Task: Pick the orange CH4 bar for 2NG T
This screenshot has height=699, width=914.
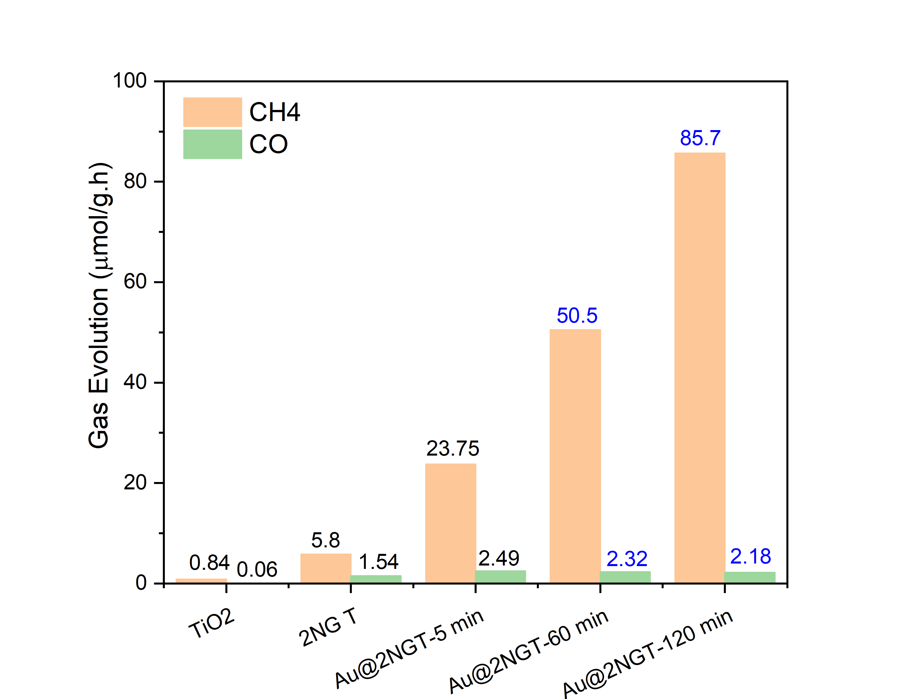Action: [x=325, y=568]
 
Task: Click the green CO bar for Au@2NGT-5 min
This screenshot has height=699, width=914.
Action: [x=500, y=576]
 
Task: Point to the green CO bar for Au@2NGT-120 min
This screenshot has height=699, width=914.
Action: [x=750, y=577]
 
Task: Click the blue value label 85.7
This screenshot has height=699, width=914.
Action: [x=700, y=138]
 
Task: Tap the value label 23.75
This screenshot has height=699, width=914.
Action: [x=452, y=448]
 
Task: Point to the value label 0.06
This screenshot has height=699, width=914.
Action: [x=257, y=569]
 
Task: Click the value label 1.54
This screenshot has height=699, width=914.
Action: [x=378, y=562]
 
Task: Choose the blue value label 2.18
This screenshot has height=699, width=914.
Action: [x=750, y=556]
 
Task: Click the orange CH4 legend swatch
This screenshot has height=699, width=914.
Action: [x=212, y=112]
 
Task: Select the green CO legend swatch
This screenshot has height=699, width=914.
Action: [x=212, y=144]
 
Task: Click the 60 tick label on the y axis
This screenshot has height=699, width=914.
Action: [x=135, y=282]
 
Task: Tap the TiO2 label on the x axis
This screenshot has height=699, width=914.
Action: [x=211, y=623]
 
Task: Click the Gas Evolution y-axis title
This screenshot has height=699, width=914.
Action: [x=99, y=306]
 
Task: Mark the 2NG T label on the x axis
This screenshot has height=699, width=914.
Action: [x=328, y=627]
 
